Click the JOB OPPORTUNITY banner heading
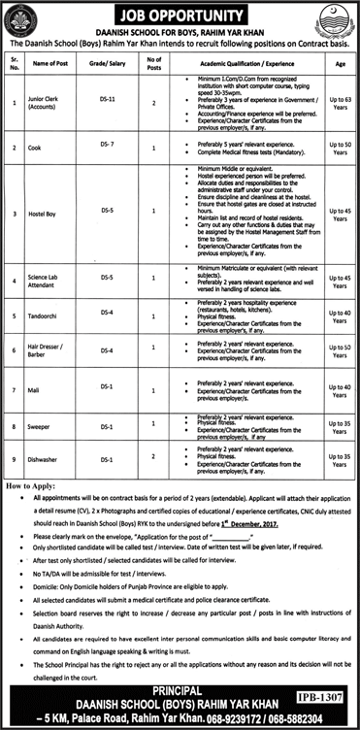pyautogui.click(x=180, y=15)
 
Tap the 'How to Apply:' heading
pyautogui.click(x=33, y=482)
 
